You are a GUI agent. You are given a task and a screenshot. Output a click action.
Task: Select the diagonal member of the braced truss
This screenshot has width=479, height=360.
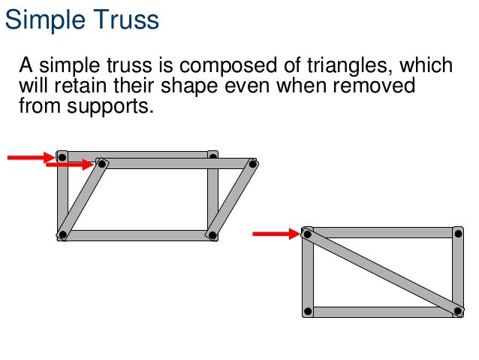(x=383, y=272)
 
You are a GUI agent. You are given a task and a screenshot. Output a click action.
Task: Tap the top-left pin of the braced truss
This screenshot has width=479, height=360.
(x=307, y=234)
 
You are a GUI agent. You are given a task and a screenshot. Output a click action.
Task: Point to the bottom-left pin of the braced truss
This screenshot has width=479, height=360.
(x=307, y=311)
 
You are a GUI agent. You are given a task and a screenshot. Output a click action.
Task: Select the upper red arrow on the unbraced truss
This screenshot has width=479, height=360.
(x=30, y=157)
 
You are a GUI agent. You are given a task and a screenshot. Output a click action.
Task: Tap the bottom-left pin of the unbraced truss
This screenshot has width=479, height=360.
(x=63, y=235)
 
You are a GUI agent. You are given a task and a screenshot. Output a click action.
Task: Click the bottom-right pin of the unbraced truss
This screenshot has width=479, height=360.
(x=212, y=235)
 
